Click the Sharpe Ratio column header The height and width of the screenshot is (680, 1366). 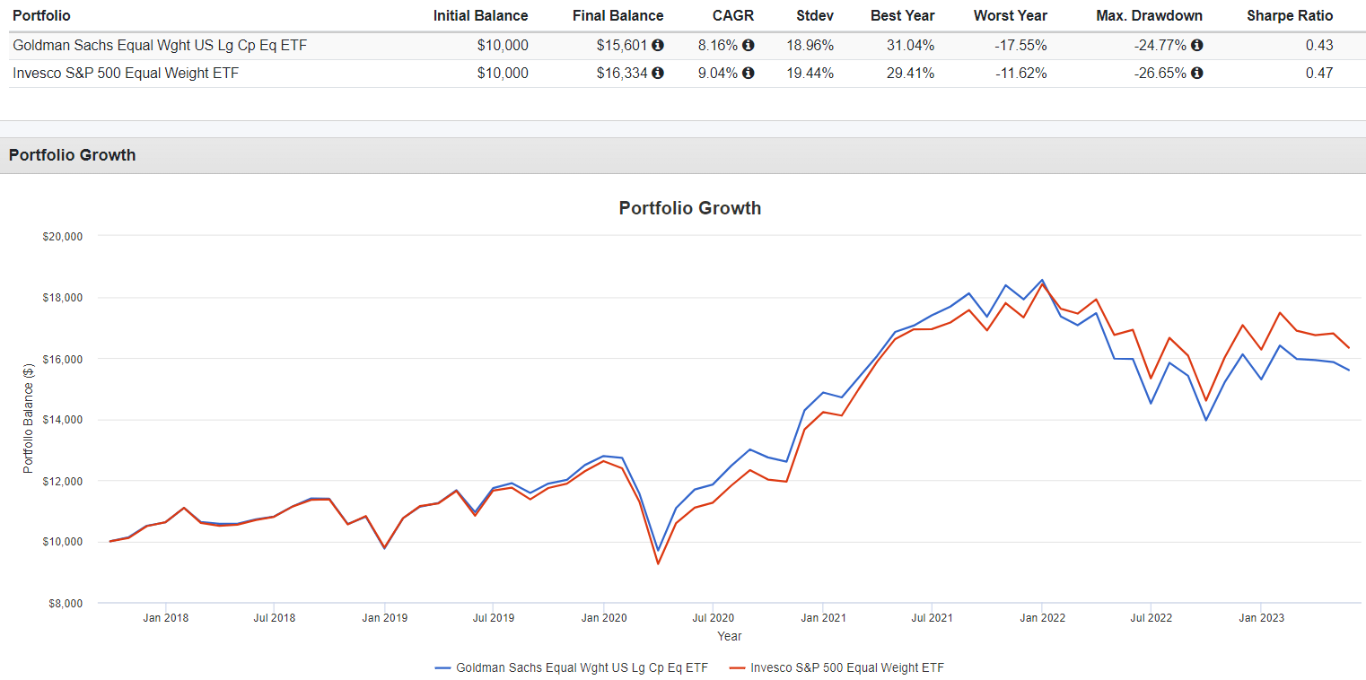click(1290, 15)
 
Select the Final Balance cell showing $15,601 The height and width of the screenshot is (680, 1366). click(622, 45)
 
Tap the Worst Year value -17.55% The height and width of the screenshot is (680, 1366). click(1020, 45)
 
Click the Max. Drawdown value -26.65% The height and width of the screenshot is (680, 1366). click(1160, 74)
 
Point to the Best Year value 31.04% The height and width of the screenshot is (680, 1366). click(910, 45)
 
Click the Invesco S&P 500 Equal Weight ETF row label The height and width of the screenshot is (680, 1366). click(126, 74)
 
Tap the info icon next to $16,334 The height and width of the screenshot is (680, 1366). click(658, 74)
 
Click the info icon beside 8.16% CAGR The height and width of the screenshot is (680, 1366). click(749, 45)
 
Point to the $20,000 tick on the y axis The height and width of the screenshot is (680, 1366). click(63, 236)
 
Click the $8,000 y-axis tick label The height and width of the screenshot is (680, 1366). click(66, 603)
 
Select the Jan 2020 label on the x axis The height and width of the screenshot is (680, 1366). click(603, 618)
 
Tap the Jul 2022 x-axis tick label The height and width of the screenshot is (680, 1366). click(1151, 618)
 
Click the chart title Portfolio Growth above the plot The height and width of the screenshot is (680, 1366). click(689, 208)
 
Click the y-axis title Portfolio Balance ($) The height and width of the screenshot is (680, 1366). click(28, 419)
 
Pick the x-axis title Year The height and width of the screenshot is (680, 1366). click(729, 636)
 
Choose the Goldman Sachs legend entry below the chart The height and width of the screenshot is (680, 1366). click(571, 667)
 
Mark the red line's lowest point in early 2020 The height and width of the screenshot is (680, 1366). click(658, 563)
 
